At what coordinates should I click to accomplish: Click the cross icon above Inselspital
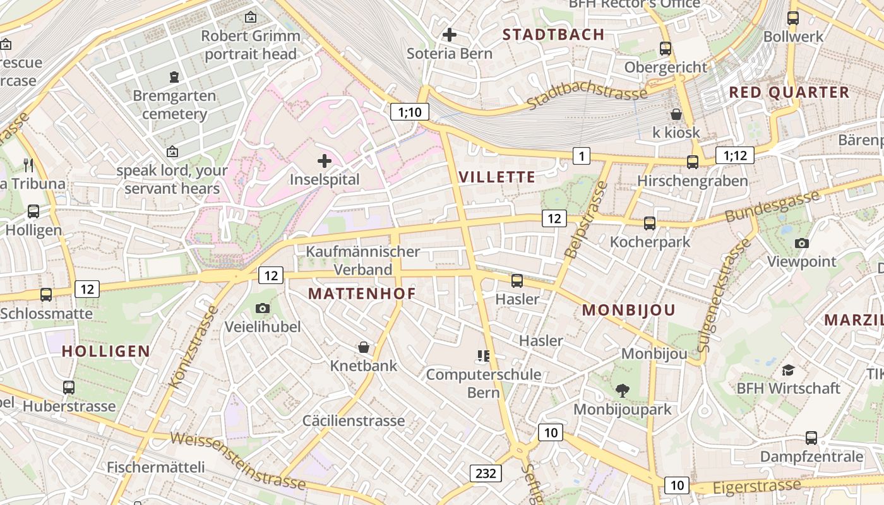[325, 161]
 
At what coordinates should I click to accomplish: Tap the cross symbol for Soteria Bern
[450, 35]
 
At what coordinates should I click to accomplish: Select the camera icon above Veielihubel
[263, 308]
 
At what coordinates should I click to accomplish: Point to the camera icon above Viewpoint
[802, 243]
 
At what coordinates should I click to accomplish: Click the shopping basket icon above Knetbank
[364, 347]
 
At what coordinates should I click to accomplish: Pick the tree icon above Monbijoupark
[623, 391]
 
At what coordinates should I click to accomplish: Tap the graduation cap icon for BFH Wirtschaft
[788, 370]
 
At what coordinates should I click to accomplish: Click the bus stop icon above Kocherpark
[650, 223]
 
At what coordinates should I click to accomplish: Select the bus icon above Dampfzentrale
[811, 437]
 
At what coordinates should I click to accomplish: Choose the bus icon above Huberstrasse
[69, 387]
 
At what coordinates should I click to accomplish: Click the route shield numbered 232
[486, 473]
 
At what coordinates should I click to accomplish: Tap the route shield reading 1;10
[410, 112]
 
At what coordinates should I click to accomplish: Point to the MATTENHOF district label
[362, 294]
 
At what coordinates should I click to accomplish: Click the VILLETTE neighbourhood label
[498, 177]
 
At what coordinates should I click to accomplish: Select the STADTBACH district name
[554, 35]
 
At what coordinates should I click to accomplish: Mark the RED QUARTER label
[789, 92]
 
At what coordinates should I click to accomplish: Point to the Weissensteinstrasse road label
[238, 461]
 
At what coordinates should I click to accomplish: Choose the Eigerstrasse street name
[756, 487]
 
